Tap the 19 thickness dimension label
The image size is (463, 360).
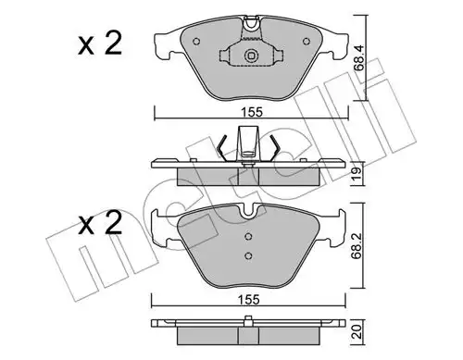coord(357,174)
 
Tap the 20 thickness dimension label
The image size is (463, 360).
coord(357,332)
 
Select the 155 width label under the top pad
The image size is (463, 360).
coord(252,112)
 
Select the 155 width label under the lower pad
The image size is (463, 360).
coord(249,300)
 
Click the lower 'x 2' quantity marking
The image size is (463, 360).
coord(100,223)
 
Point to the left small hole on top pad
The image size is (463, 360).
coord(196,42)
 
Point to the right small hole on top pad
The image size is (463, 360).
coord(307,42)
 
